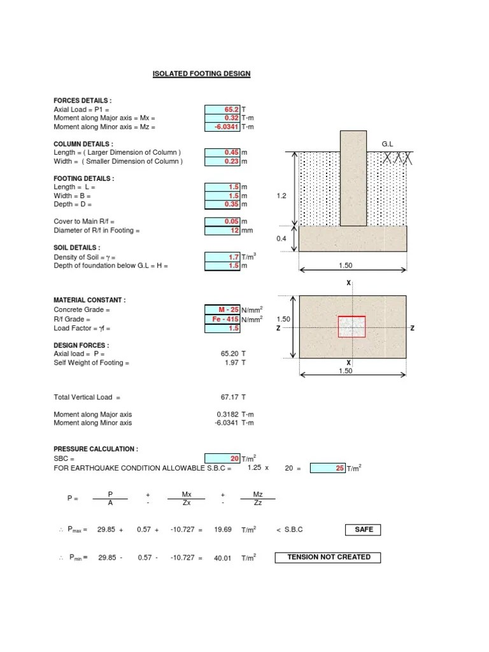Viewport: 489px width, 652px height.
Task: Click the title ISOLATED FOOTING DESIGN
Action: [x=201, y=74]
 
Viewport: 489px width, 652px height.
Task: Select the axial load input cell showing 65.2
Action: [x=222, y=110]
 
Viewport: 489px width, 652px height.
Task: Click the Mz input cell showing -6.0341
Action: [x=222, y=127]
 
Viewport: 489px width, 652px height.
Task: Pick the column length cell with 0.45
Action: [x=222, y=153]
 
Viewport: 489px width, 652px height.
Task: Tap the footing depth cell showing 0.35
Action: [x=222, y=204]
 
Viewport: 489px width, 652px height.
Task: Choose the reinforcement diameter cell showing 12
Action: [x=222, y=230]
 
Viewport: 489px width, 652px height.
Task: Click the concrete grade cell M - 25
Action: [x=222, y=309]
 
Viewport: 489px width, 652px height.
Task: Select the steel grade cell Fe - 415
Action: [x=222, y=319]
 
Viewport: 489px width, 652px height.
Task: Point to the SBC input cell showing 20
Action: [x=222, y=458]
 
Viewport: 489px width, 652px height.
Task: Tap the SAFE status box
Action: [x=364, y=530]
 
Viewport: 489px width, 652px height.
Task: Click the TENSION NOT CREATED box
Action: [x=328, y=557]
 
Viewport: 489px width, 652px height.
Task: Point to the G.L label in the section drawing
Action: [x=388, y=145]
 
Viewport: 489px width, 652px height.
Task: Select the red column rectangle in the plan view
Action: [x=351, y=327]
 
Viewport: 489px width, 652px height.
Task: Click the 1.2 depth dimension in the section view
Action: [x=281, y=197]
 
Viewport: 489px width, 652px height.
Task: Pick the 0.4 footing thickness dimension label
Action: [x=281, y=239]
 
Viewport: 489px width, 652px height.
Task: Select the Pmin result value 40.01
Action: [x=222, y=558]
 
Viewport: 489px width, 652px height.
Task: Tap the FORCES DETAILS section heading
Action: [x=83, y=101]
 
